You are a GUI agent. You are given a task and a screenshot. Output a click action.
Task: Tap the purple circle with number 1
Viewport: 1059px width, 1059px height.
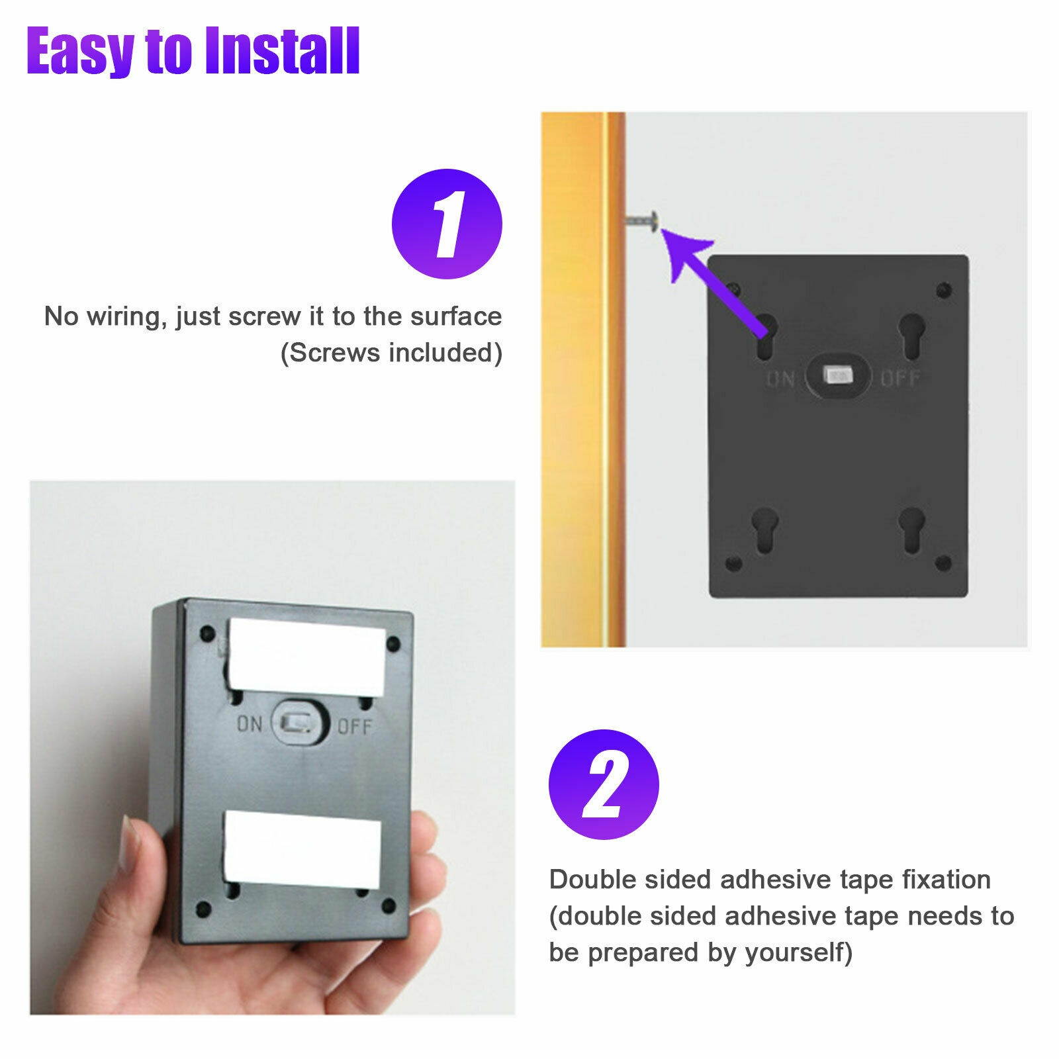tap(447, 224)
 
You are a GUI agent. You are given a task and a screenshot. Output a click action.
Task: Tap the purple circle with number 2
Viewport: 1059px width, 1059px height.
tap(604, 784)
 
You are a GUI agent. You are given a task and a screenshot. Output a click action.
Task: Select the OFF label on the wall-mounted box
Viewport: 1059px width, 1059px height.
tap(900, 379)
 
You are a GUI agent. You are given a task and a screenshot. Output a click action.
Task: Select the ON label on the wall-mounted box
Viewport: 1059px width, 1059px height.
tap(780, 379)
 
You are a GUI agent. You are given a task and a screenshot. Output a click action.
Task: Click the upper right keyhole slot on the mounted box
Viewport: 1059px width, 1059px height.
tap(912, 336)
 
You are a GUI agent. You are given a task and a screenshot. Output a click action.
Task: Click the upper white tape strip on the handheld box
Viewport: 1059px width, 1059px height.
tap(306, 658)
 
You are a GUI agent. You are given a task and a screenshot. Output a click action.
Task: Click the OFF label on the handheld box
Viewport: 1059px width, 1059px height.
tap(355, 727)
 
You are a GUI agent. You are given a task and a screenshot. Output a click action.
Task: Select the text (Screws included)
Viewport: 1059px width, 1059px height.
tap(391, 353)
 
